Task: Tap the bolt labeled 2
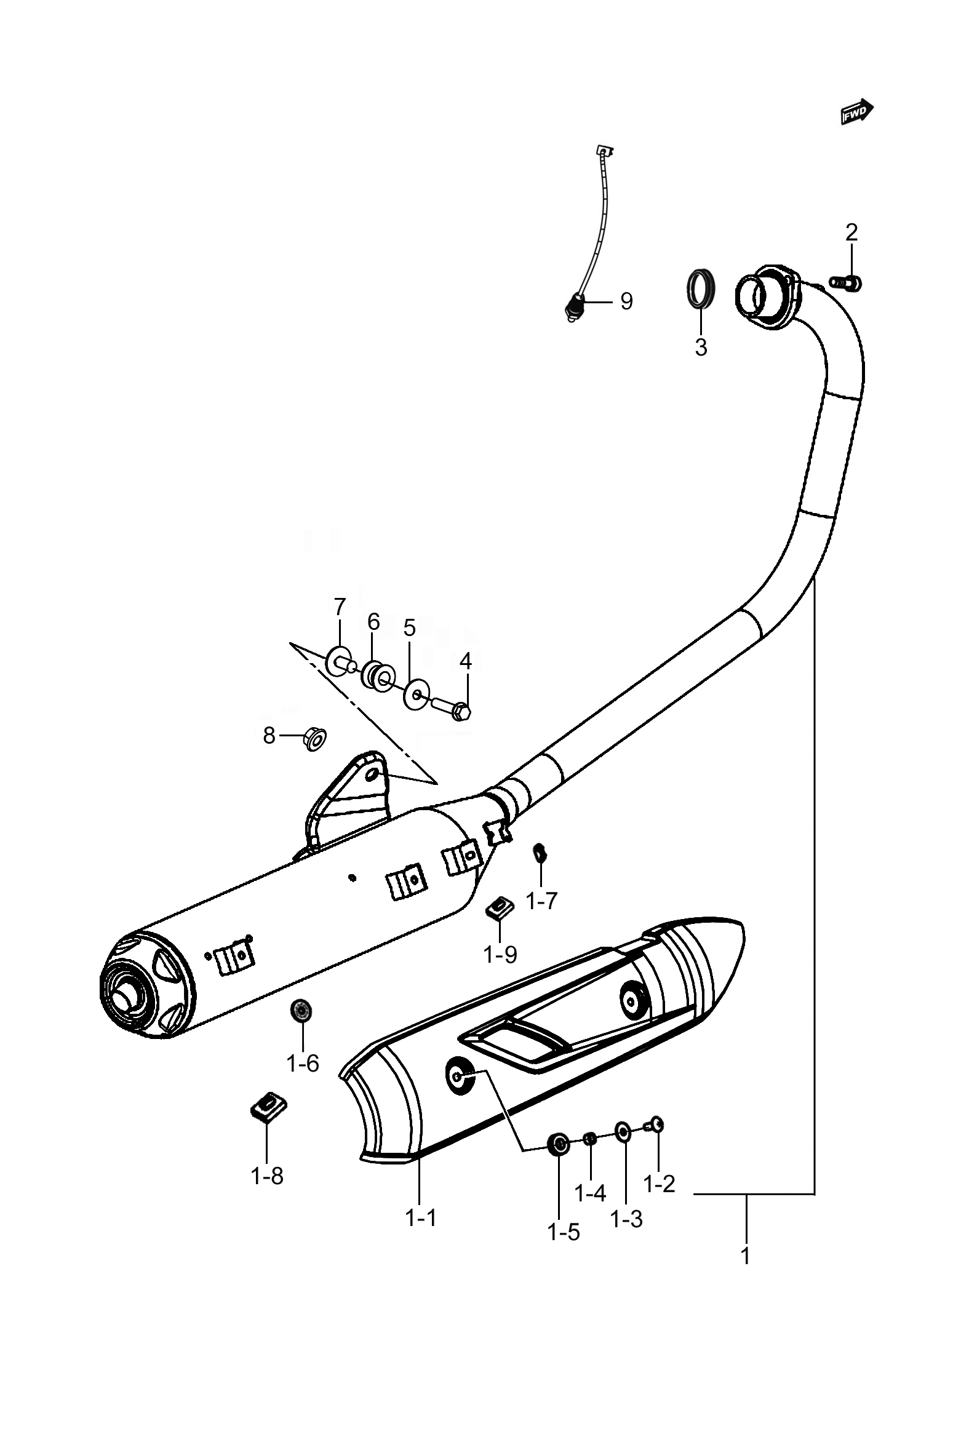pos(845,283)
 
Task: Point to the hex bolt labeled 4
pos(452,707)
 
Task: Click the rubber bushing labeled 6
pos(379,675)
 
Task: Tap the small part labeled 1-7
pos(539,853)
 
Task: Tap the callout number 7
pos(340,607)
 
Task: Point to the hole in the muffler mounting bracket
pos(373,774)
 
